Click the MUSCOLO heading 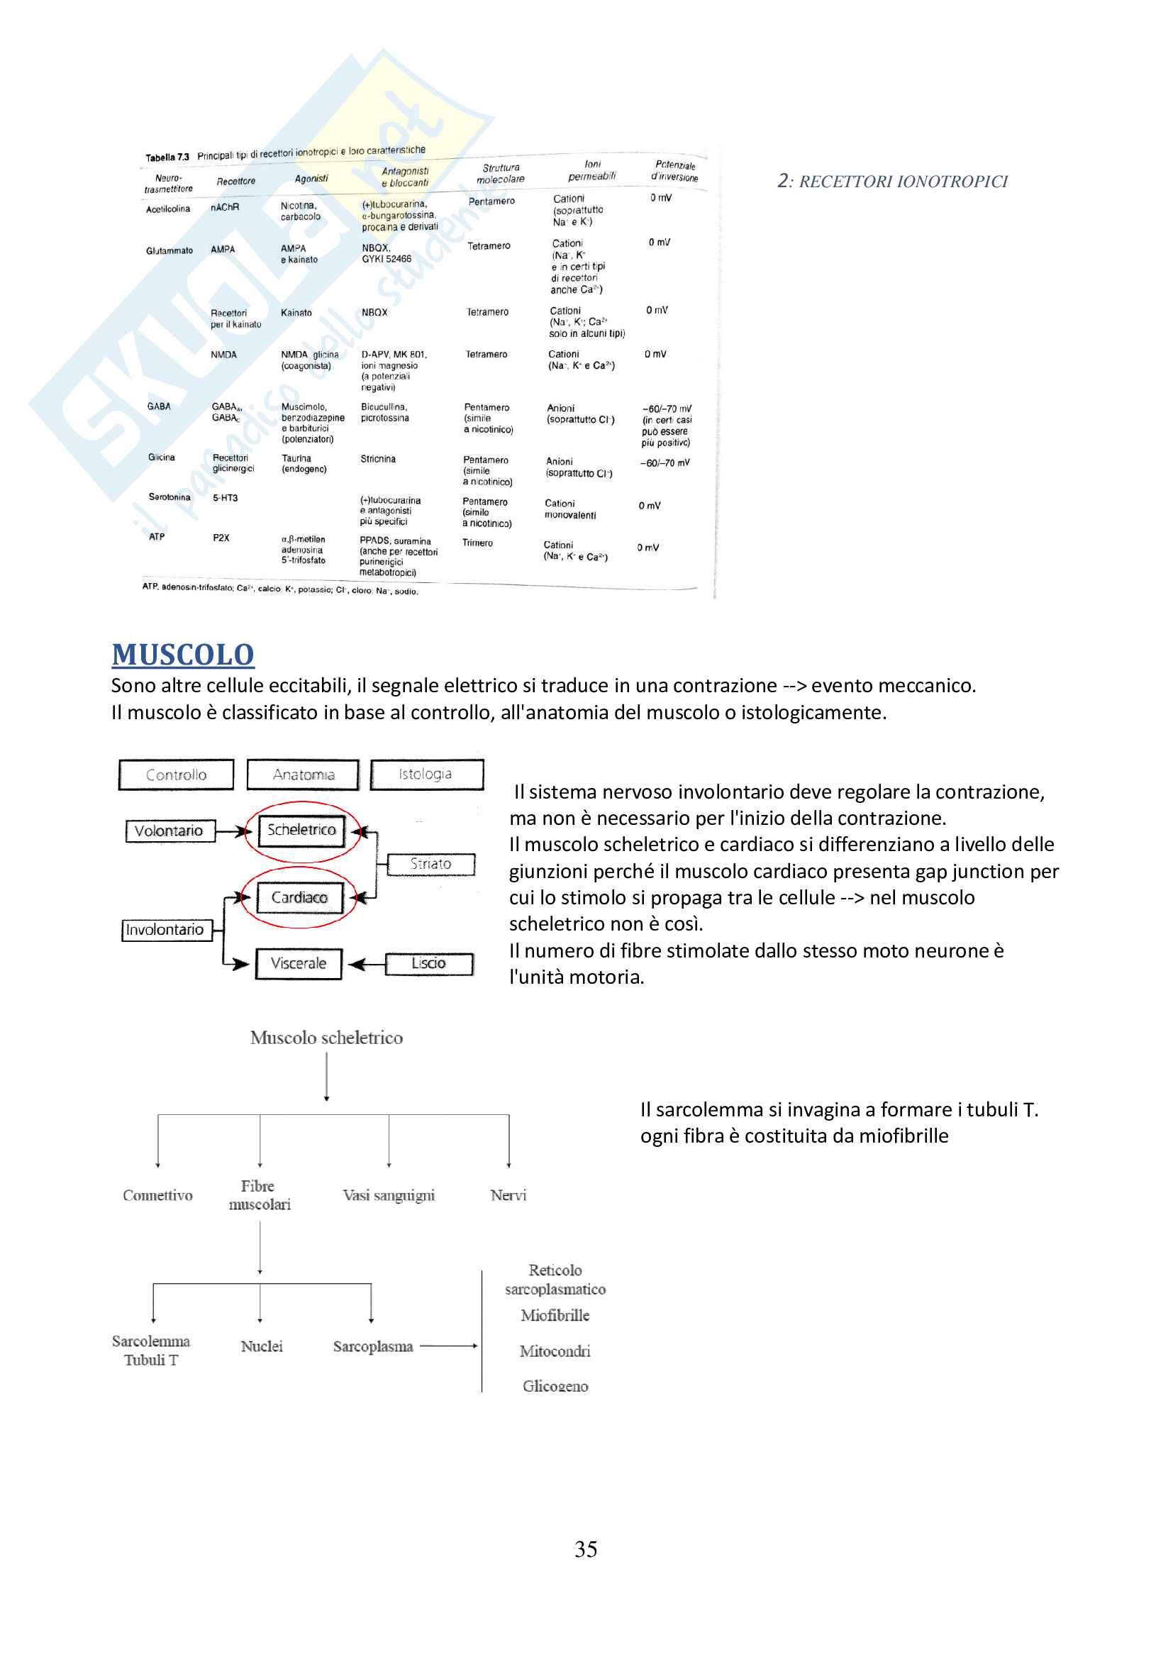(x=183, y=655)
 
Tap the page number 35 (x=585, y=1548)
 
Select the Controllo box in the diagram (x=177, y=775)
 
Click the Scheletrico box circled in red (x=302, y=831)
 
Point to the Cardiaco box (x=300, y=898)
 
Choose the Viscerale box (x=299, y=963)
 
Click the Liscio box (x=429, y=963)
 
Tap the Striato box (x=430, y=864)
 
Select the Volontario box (x=169, y=831)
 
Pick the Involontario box (x=165, y=930)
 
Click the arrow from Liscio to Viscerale (x=367, y=964)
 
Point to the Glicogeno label (x=555, y=1386)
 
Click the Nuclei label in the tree (x=262, y=1346)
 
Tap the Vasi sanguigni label (x=389, y=1195)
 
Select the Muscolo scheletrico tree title (x=326, y=1038)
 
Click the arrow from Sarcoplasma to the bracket (x=447, y=1346)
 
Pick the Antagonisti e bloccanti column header (x=404, y=177)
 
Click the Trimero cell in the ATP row (x=477, y=543)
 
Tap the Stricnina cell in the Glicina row (x=378, y=459)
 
